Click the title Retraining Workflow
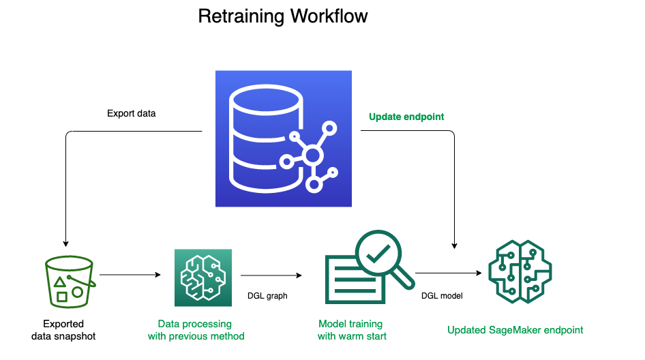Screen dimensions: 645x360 pos(282,16)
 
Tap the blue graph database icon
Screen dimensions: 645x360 pos(284,138)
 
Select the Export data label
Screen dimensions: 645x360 pos(131,114)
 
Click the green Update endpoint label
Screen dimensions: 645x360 pos(406,117)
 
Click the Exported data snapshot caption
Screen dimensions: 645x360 pos(63,330)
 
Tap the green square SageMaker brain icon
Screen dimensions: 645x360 pos(203,277)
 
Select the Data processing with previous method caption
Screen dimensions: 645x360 pos(196,330)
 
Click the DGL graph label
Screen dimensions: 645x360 pos(267,296)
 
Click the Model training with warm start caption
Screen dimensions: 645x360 pos(352,330)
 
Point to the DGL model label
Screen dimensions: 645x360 pos(442,296)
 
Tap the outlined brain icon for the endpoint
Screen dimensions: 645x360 pos(520,272)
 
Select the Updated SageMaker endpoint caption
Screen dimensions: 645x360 pos(515,330)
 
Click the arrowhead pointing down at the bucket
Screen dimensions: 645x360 pos(66,243)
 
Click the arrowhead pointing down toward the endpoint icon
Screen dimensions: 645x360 pos(455,245)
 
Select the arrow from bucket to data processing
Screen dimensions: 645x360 pos(130,274)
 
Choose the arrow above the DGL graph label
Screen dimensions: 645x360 pos(271,275)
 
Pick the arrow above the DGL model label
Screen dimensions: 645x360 pos(449,273)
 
